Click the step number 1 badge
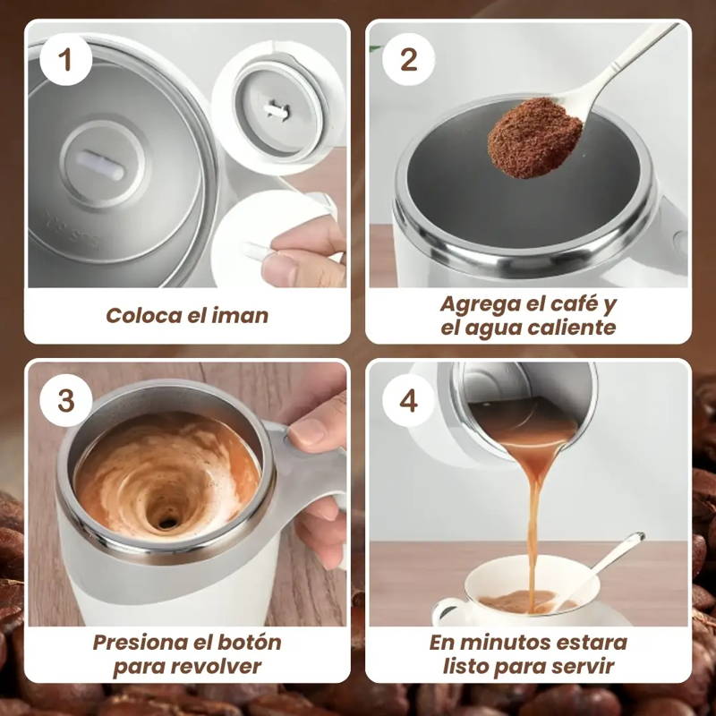[x=65, y=60]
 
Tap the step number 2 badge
[x=408, y=60]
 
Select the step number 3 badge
[x=65, y=401]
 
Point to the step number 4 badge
[x=408, y=401]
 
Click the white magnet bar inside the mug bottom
[x=99, y=166]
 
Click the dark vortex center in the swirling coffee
[x=167, y=522]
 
